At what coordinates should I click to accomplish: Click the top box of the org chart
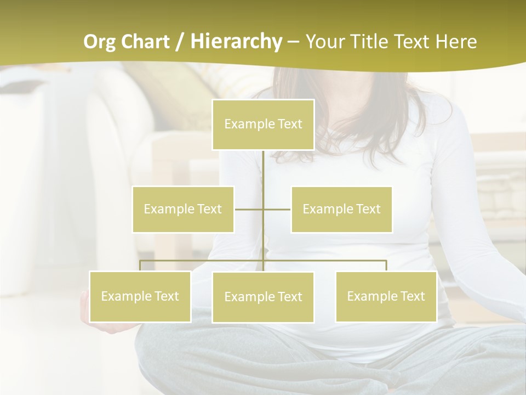[x=263, y=125]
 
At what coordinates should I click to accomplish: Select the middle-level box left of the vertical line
[x=183, y=209]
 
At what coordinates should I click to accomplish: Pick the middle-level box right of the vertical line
[x=341, y=209]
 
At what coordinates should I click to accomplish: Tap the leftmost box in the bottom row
[x=140, y=296]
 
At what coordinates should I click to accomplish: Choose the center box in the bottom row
[x=263, y=297]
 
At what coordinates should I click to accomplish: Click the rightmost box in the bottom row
[x=386, y=296]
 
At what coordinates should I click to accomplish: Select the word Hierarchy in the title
[x=236, y=42]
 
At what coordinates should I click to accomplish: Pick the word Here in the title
[x=456, y=42]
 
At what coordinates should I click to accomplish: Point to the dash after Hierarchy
[x=294, y=42]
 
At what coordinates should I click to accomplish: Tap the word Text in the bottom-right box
[x=412, y=296]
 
